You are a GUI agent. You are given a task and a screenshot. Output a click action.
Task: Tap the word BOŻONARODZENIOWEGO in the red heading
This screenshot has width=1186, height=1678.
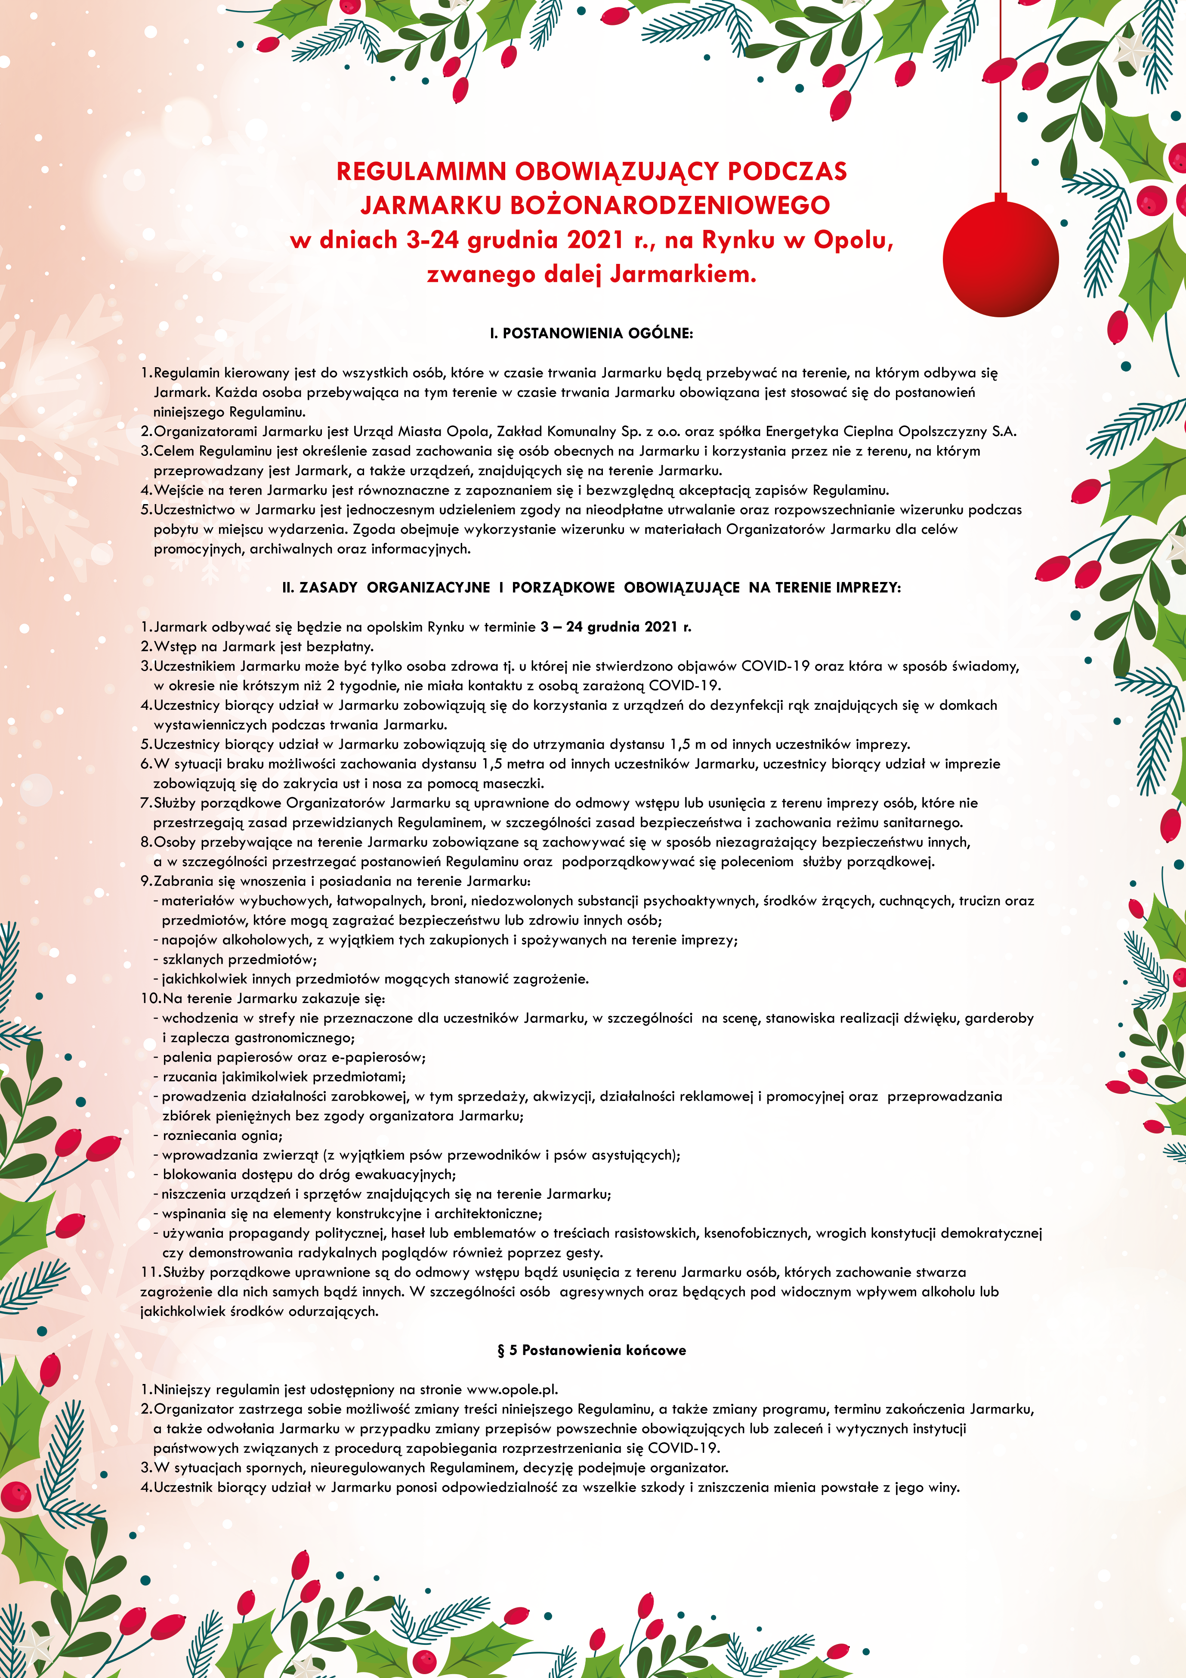669,205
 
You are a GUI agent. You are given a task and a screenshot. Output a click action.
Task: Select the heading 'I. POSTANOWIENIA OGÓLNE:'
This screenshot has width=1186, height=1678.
591,333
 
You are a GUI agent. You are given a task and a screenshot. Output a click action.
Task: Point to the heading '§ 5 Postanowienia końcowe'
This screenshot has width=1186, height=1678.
591,1350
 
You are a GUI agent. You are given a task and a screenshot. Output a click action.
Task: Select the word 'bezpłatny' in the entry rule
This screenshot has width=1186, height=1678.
343,647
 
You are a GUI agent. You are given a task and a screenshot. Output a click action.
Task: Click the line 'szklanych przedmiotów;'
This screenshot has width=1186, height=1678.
239,960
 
